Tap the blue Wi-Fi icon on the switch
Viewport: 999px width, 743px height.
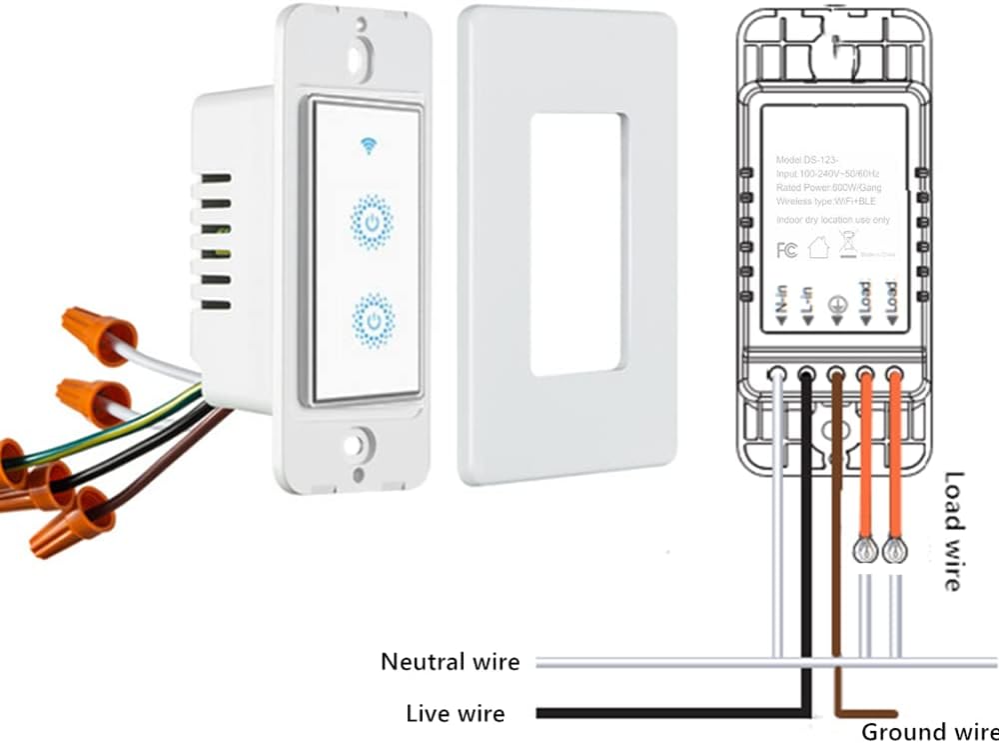coord(369,148)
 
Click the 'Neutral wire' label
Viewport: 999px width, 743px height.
coord(451,662)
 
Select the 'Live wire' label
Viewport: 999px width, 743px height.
coord(456,714)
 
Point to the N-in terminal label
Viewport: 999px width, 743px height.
coord(782,302)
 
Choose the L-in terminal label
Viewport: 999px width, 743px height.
coord(809,302)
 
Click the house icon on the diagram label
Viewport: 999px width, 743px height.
coord(818,248)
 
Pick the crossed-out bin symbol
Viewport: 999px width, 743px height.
coord(848,243)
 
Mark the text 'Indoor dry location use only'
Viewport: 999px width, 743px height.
coord(832,220)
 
